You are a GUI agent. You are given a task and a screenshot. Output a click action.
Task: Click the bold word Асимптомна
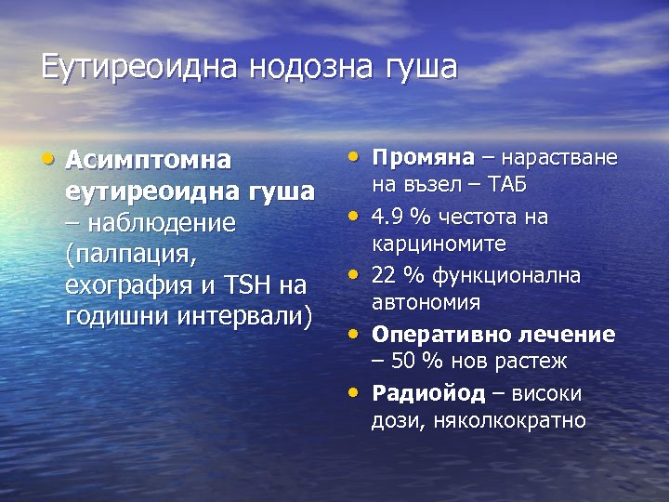pyautogui.click(x=148, y=160)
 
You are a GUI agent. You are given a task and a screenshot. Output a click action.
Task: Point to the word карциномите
pyautogui.click(x=439, y=244)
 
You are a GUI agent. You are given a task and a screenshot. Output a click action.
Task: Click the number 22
pyautogui.click(x=385, y=275)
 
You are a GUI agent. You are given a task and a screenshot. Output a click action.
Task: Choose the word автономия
pyautogui.click(x=426, y=303)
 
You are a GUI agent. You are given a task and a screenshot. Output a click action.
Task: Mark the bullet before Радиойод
pyautogui.click(x=354, y=390)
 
